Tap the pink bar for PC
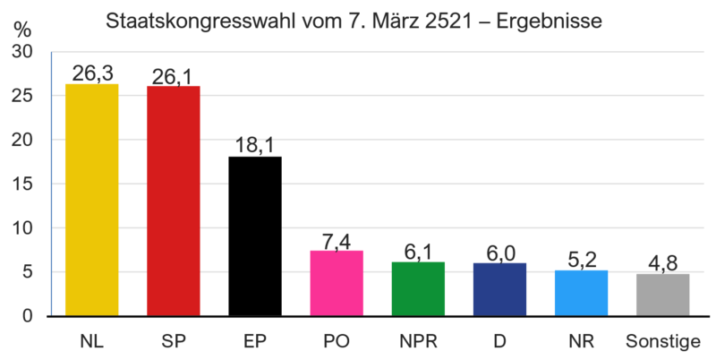pos(337,282)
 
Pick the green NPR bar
pos(418,287)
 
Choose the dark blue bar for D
pos(499,288)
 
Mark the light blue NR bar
pos(581,292)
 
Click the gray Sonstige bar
pos(662,294)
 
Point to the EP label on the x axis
pos(255,342)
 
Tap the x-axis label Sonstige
pos(662,342)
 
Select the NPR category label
pos(418,342)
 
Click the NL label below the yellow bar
pos(91,342)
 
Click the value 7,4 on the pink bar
pos(337,241)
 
